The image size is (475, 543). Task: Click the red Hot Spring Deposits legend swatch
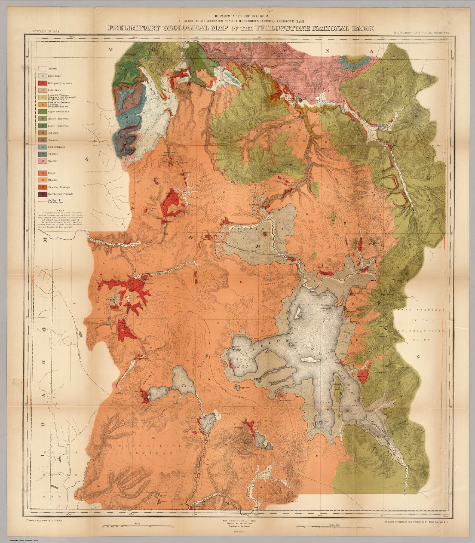42,83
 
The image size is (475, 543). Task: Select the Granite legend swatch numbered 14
42,161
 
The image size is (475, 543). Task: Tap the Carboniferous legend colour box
42,147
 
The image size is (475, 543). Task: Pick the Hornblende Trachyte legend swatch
42,194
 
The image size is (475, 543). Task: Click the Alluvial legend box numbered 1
42,69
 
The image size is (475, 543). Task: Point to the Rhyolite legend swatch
42,180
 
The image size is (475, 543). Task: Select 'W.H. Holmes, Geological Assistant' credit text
423,33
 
